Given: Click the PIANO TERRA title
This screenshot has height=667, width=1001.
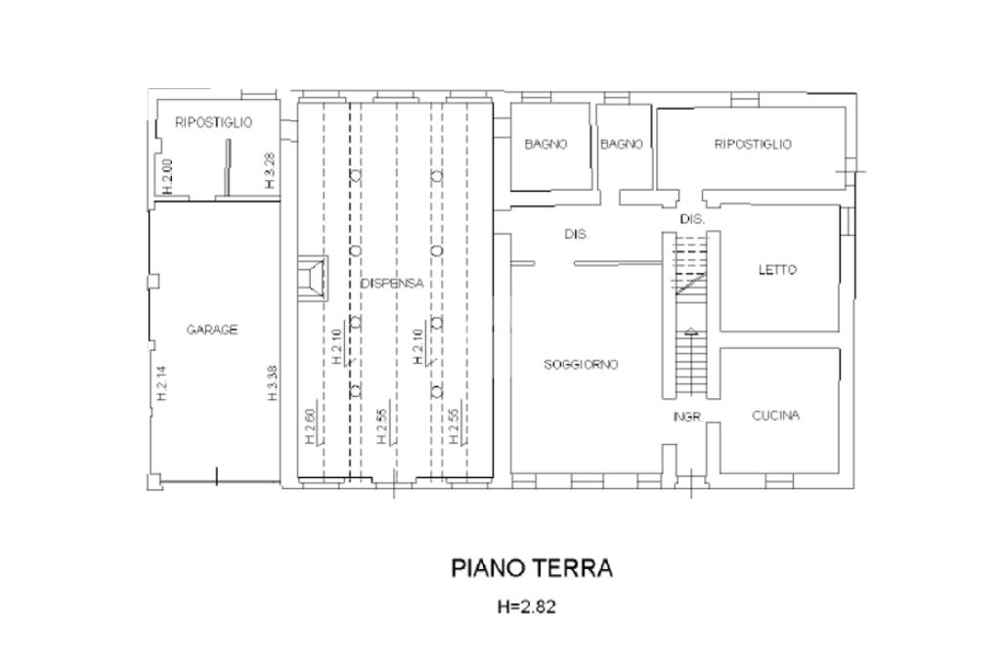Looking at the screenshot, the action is [x=532, y=567].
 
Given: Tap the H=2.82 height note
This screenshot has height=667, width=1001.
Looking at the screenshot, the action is [x=527, y=606].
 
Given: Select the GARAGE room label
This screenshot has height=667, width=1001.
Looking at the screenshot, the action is [x=212, y=330].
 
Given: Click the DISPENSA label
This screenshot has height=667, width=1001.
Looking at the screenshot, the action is [x=392, y=283].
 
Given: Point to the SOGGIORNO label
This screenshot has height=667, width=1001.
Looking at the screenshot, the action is [x=581, y=364].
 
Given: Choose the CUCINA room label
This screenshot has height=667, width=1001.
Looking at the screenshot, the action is [x=775, y=416].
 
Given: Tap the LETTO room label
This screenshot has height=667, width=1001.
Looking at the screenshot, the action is [x=777, y=270].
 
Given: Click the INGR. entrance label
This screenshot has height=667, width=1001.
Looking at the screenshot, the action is [x=688, y=418].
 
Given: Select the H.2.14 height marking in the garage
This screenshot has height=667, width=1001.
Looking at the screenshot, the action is [x=161, y=383].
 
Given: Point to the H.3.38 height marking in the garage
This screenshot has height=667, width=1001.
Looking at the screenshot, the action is [x=273, y=382].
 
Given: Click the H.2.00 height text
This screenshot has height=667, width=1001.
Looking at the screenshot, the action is [x=167, y=176].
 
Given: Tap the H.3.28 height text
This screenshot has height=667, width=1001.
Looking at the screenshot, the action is [x=270, y=170].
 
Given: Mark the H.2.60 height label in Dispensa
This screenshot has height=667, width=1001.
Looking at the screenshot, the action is [x=310, y=426].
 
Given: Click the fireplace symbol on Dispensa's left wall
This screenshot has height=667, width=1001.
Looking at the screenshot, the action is [x=313, y=279].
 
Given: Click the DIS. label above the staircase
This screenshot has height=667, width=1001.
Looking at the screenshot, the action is [x=692, y=219].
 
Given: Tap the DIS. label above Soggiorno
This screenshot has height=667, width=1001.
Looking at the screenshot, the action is [x=577, y=235].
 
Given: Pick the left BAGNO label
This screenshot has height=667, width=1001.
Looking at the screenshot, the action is [x=545, y=144].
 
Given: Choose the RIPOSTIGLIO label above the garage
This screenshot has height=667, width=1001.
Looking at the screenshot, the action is [x=214, y=122].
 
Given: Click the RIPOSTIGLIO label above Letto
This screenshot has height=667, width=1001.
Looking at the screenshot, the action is [x=753, y=144].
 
